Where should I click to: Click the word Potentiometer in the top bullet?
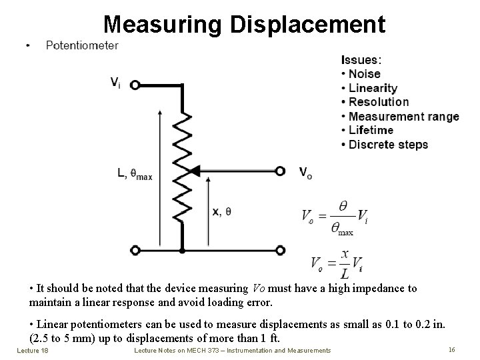[82, 45]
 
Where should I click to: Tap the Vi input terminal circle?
[135, 85]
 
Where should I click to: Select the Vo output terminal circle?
[281, 171]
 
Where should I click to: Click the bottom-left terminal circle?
[135, 250]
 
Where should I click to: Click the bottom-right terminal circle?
[281, 250]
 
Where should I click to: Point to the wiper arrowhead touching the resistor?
[194, 171]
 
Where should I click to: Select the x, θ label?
[222, 211]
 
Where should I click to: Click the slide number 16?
[451, 349]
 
